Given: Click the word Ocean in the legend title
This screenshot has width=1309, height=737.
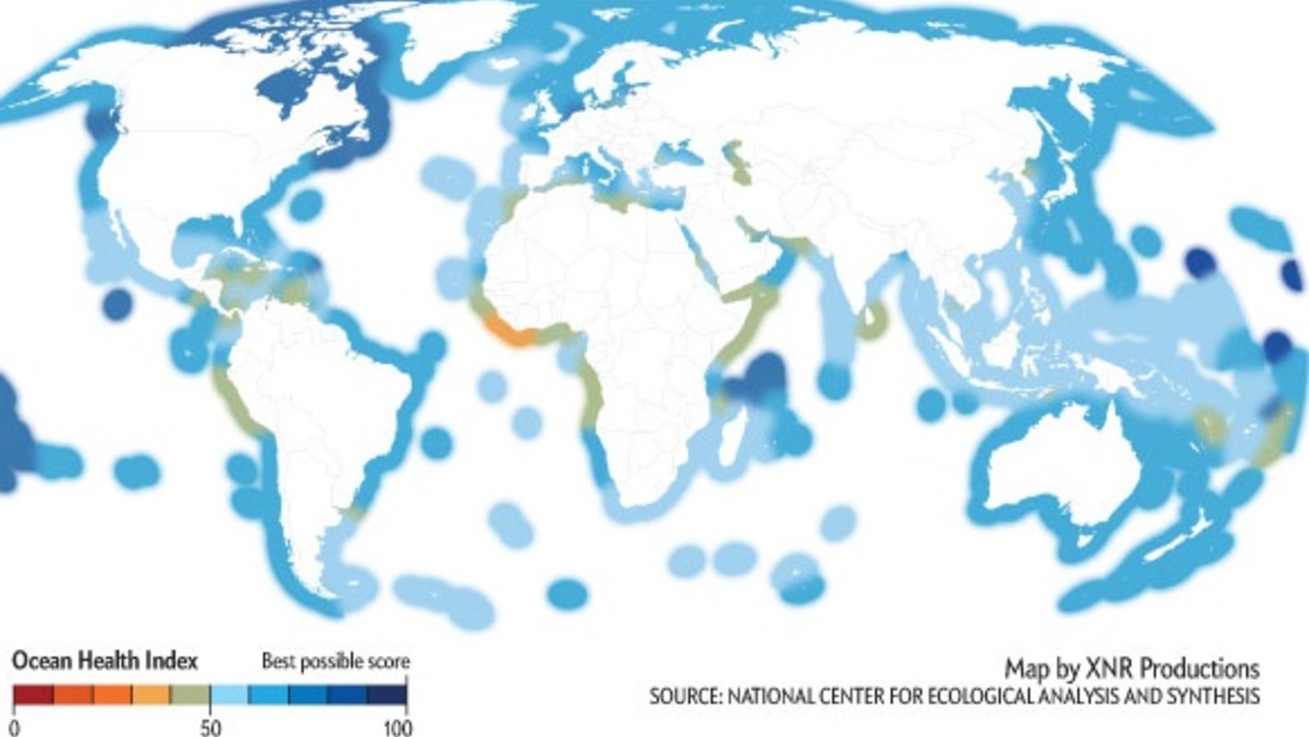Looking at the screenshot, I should pyautogui.click(x=42, y=660).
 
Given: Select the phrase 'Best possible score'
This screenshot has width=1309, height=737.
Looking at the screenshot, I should pyautogui.click(x=335, y=661).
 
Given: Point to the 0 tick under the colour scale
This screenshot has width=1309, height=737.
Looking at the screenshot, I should pyautogui.click(x=16, y=727).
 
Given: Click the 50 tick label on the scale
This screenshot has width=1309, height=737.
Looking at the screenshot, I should pyautogui.click(x=210, y=727).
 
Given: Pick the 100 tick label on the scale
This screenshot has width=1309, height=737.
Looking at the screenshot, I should pyautogui.click(x=398, y=727).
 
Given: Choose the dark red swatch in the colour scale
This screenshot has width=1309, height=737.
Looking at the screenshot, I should pyautogui.click(x=34, y=695).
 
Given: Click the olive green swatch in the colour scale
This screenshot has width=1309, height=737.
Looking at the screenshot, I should pyautogui.click(x=190, y=695).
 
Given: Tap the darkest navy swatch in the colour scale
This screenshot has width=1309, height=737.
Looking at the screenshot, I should pyautogui.click(x=386, y=695).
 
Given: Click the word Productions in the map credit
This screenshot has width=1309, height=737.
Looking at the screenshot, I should pyautogui.click(x=1199, y=668).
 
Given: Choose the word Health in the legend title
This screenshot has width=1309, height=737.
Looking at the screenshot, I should pyautogui.click(x=105, y=660).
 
